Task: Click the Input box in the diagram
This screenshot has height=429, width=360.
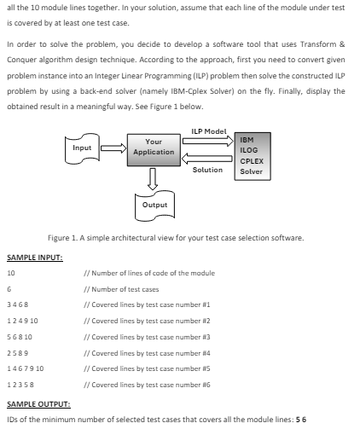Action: click(x=83, y=148)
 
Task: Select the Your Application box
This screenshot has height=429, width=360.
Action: click(x=154, y=147)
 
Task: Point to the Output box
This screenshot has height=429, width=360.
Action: click(x=154, y=205)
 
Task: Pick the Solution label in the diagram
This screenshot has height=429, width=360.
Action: click(x=207, y=170)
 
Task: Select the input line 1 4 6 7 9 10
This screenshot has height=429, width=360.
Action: click(x=26, y=365)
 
